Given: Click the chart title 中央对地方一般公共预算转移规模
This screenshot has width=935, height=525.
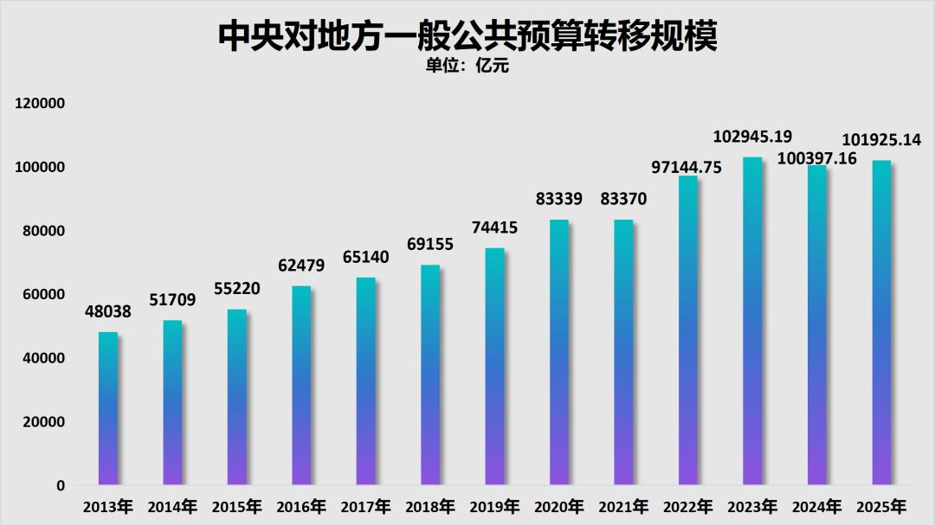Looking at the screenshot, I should coord(467,36).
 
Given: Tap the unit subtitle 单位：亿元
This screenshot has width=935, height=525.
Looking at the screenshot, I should coord(467,67).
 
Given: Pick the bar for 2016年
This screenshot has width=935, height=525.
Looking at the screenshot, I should coord(301,385).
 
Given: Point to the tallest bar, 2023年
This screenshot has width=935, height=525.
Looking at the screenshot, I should coord(752,321).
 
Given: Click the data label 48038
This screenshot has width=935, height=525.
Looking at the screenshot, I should coord(108,311).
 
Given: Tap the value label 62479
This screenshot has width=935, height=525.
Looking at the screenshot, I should coord(301,266).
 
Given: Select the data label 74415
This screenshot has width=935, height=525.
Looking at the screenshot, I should coord(494,228).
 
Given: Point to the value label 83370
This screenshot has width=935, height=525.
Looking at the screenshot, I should coord(623,200).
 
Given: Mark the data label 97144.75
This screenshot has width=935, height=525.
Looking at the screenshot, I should coord(687,168).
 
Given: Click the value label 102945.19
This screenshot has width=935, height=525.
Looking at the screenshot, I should coord(752,137).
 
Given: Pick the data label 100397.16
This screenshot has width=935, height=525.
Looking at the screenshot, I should coord(817,158).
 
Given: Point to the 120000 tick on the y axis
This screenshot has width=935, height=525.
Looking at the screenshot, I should coord(41,104).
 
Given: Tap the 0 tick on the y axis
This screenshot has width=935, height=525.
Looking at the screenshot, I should coord(61,486).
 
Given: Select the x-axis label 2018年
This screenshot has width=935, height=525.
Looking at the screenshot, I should coord(430,507).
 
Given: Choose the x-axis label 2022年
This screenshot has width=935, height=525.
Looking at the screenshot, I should coord(687,507).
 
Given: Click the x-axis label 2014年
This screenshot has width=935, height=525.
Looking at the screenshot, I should coord(172,507).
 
